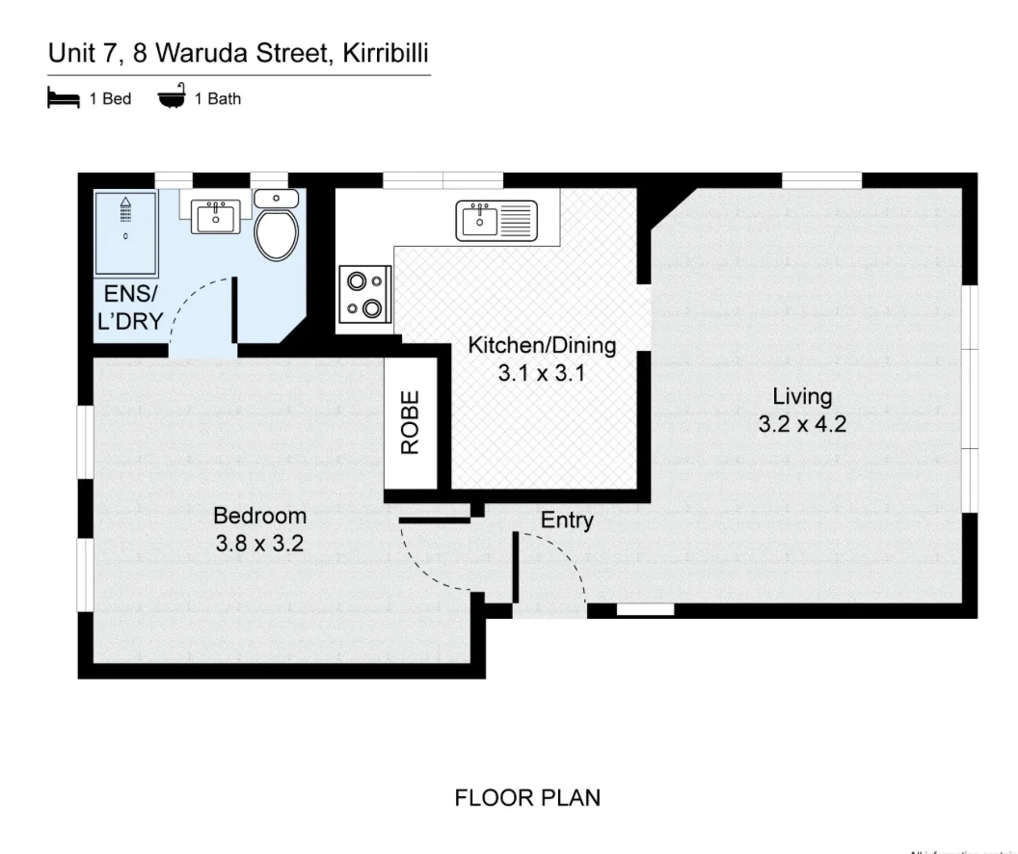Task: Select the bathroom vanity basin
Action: coord(216,217)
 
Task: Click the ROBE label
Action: coord(412,422)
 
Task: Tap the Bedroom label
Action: coord(259,516)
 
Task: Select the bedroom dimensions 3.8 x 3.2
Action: coord(259,544)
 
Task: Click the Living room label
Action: coord(801,396)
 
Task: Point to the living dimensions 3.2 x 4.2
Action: coord(802,424)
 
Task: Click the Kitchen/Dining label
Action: coord(541,345)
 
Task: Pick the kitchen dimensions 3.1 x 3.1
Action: coord(541,373)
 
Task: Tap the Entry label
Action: coord(567,520)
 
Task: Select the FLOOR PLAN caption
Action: coord(527,798)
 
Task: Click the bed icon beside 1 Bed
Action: coord(63,98)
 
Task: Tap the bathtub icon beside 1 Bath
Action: coord(172,98)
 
